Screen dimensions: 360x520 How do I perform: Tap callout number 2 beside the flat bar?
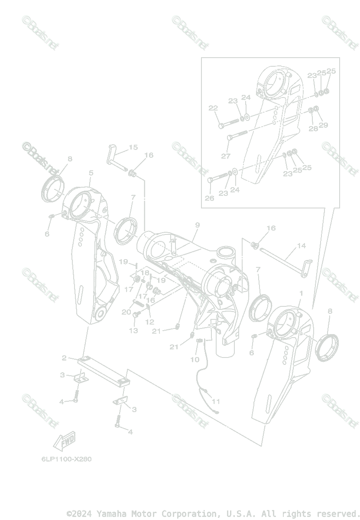pos(64,358)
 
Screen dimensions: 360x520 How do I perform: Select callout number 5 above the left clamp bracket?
pos(91,173)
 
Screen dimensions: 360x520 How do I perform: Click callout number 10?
pos(195,359)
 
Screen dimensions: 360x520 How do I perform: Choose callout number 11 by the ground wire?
pos(216,401)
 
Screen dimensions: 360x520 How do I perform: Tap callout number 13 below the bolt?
pos(133,331)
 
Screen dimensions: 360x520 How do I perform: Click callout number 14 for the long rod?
pos(302,246)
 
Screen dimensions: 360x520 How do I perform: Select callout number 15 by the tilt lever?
pos(133,147)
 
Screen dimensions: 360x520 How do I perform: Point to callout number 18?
pos(146,273)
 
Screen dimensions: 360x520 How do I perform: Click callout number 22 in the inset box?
pos(213,108)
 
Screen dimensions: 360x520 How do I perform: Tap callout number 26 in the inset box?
pos(210,198)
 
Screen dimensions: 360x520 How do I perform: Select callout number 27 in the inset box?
pos(226,156)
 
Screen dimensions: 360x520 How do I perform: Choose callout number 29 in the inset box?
pos(323,125)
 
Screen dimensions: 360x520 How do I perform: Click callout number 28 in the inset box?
pos(313,128)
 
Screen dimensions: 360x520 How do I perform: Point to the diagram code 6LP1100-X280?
pos(64,459)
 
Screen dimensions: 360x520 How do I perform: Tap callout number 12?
pos(150,322)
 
